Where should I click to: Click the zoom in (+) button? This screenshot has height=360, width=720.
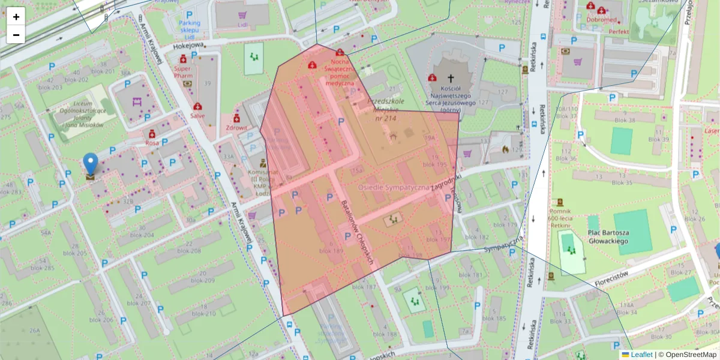16,17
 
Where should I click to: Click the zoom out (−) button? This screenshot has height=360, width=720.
16,35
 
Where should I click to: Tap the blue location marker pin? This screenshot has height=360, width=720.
91,164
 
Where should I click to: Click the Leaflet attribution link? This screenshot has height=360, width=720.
641,355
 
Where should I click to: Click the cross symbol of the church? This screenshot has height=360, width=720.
451,78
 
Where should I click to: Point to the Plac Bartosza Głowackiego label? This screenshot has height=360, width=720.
608,236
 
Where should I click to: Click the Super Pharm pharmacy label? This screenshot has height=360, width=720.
182,72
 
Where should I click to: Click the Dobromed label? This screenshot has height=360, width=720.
601,19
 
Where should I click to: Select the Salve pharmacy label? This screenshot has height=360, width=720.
197,116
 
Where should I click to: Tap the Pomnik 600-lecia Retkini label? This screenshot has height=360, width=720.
559,216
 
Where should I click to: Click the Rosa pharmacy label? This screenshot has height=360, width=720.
152,143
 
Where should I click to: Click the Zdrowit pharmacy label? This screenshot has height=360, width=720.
237,128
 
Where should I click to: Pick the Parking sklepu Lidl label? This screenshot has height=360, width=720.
189,26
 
